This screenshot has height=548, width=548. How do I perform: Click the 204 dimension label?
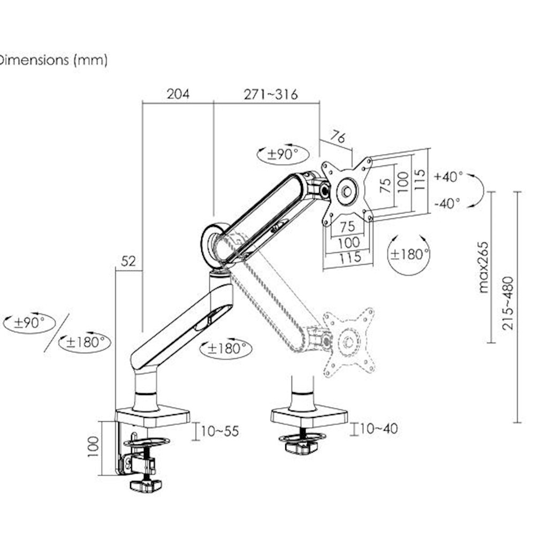click(178, 94)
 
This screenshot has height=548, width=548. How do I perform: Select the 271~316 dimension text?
click(271, 94)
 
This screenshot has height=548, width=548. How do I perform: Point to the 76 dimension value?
click(337, 138)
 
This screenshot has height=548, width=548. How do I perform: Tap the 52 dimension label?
click(128, 262)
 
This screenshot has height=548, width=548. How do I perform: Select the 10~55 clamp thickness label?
click(220, 431)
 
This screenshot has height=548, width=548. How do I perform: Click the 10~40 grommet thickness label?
click(379, 429)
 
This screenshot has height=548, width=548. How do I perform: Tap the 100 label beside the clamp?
click(93, 447)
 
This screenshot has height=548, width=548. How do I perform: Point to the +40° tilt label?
click(448, 177)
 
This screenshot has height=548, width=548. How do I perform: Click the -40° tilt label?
click(447, 203)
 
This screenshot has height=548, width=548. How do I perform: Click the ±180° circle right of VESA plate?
click(409, 255)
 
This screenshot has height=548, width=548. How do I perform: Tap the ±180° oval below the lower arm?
click(225, 349)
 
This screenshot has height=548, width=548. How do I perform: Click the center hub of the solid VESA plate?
click(346, 191)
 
